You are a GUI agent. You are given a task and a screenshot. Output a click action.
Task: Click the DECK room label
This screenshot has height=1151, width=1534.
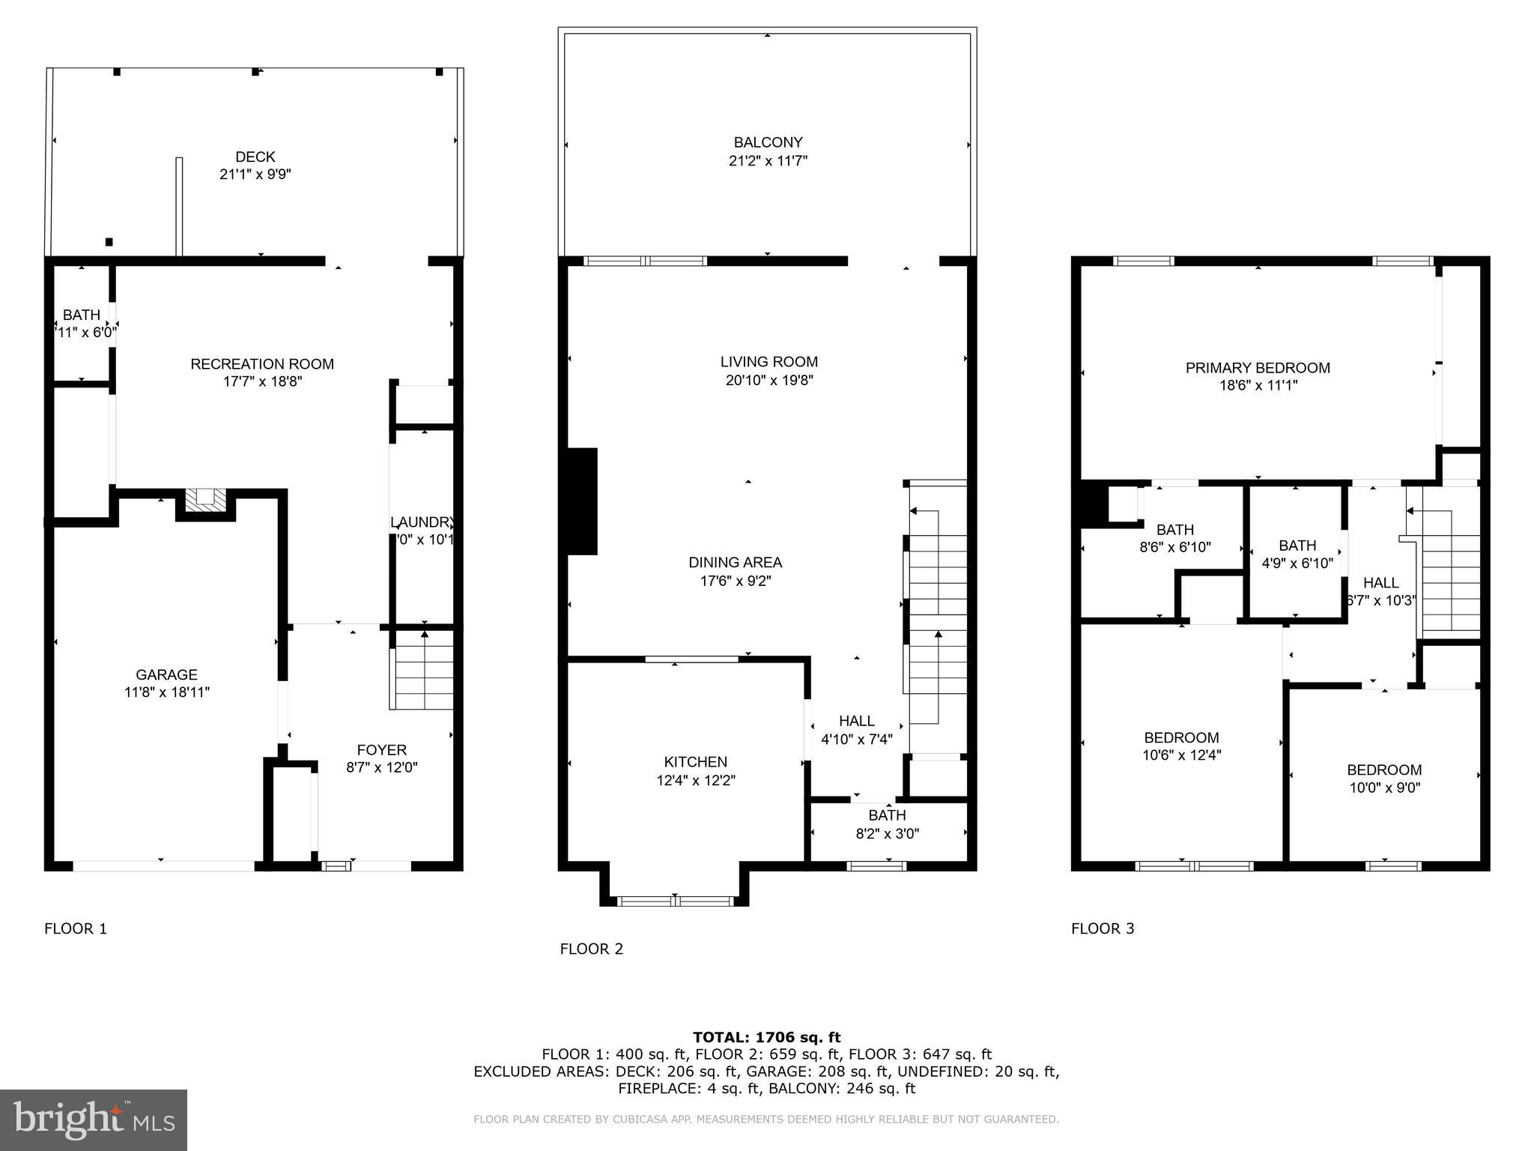(255, 157)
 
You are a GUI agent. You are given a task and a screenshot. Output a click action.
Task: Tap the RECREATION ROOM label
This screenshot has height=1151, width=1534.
(262, 364)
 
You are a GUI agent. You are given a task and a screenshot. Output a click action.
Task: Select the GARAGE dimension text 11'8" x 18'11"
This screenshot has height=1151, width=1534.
(167, 692)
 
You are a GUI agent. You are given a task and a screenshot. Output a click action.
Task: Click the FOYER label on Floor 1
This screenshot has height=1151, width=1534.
(381, 750)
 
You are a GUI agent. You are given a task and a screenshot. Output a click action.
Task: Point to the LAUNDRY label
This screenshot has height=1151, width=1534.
(422, 522)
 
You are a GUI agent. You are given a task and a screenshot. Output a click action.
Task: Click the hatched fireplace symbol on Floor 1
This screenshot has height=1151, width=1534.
(204, 500)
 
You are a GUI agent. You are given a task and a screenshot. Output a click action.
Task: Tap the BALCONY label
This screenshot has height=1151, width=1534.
(768, 142)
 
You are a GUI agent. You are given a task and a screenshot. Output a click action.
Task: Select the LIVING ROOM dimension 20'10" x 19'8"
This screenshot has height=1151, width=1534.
(769, 380)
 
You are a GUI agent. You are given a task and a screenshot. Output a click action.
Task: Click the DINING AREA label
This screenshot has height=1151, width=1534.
(735, 563)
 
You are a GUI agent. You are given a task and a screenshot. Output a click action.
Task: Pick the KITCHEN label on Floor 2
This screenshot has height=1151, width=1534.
(695, 762)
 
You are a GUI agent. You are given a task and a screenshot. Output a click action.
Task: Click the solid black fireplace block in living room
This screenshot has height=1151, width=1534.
(582, 501)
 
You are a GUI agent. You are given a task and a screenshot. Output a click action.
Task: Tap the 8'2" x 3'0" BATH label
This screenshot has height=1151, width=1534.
(887, 815)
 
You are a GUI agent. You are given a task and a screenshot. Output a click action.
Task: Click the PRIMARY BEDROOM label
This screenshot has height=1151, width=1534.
(1258, 368)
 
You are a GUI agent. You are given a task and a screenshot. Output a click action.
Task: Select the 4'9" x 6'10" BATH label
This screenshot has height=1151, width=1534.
(1297, 546)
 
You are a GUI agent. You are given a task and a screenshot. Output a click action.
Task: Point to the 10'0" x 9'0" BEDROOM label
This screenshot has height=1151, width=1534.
(1384, 770)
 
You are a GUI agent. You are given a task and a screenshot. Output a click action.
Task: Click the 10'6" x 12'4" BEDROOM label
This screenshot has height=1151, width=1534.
(1181, 737)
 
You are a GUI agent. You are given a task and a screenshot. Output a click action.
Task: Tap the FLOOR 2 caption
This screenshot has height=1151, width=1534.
(591, 949)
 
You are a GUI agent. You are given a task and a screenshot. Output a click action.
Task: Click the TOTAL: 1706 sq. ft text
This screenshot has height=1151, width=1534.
(766, 1037)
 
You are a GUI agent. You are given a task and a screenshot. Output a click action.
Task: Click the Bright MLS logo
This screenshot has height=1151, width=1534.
(94, 1120)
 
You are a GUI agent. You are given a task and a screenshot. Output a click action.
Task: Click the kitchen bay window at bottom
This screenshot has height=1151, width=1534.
(676, 901)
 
